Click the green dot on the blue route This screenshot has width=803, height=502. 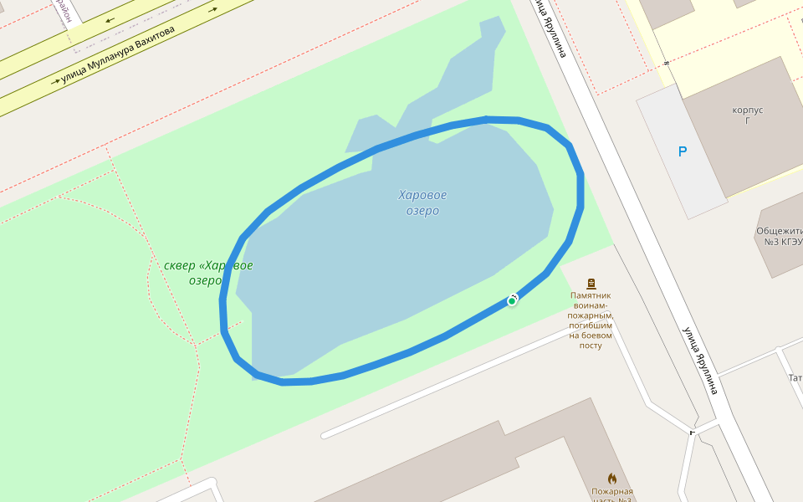point(512,300)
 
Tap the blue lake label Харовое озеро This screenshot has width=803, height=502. point(422,203)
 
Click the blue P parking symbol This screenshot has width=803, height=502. point(683,151)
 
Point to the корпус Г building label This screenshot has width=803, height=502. point(747,115)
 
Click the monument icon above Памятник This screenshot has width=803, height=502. point(591,284)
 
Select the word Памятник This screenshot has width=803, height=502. point(591,295)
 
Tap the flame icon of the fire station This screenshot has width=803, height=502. point(611,479)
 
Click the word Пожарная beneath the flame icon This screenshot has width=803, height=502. point(611,492)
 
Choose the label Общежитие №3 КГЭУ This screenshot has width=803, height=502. point(780,237)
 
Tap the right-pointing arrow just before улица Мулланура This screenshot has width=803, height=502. point(56,82)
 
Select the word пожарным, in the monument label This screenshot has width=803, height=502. point(591,315)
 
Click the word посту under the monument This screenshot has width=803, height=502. point(591,346)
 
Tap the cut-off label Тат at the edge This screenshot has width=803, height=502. point(795,378)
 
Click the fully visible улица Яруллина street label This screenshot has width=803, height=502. point(700,360)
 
